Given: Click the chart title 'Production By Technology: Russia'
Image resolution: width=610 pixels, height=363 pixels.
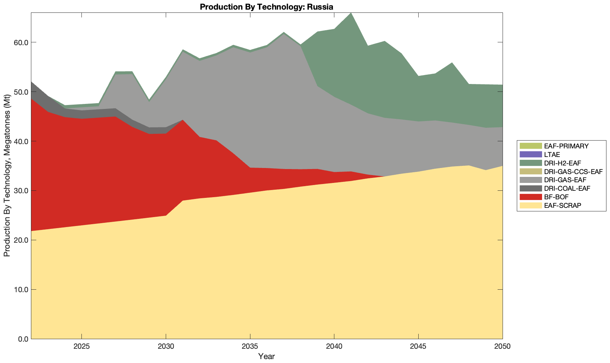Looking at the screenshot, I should [266, 7].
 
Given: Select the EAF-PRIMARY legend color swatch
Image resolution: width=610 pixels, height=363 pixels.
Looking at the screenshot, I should [531, 146].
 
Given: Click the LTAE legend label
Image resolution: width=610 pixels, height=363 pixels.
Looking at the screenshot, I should [552, 154].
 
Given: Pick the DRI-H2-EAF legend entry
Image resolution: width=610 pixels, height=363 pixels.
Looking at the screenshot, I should [562, 163].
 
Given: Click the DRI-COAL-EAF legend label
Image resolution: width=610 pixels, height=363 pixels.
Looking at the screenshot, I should [567, 188].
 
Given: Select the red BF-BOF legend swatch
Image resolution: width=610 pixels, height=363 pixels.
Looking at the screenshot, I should [531, 197].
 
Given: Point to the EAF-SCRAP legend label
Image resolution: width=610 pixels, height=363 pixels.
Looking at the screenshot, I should [563, 205].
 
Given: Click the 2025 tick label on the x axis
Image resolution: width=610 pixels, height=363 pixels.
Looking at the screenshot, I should [82, 347].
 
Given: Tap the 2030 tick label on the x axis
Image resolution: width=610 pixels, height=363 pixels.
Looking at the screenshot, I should [166, 347].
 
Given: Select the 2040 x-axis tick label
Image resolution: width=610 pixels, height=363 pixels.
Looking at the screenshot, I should [334, 347].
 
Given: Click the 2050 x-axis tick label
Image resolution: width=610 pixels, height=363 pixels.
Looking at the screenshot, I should [503, 347].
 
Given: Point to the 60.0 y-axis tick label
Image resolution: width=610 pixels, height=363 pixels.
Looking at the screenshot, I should [21, 42].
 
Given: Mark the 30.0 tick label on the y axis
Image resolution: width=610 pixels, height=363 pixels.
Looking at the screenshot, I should [21, 191].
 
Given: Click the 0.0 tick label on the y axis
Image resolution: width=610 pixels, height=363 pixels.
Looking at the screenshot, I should [23, 339].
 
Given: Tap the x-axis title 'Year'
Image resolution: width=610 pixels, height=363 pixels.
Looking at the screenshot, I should [266, 356].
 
